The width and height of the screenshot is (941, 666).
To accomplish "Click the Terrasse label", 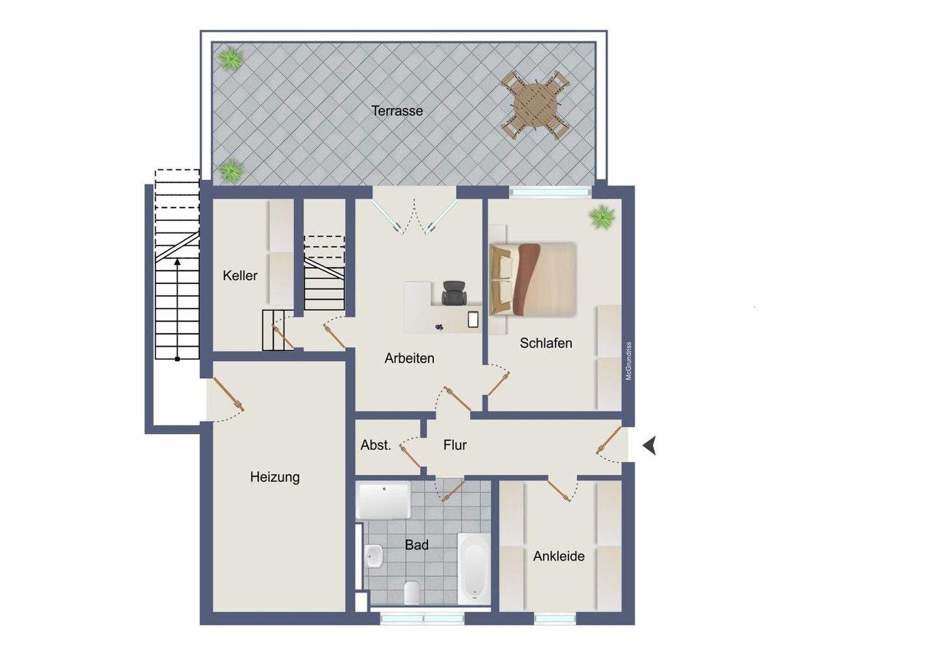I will [397, 111].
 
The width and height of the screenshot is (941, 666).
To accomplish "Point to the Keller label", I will [240, 275].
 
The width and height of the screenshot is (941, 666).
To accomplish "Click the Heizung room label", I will [274, 477].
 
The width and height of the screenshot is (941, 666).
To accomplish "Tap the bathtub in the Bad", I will [472, 567].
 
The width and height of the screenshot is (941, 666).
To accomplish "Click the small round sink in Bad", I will [374, 557].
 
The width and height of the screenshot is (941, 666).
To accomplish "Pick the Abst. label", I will [376, 445].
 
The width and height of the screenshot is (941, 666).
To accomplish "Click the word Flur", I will [455, 445].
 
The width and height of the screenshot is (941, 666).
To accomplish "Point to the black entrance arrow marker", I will [649, 446].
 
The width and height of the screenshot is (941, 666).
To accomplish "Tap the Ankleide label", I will [559, 556].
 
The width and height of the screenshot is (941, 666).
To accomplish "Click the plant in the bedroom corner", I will [601, 217].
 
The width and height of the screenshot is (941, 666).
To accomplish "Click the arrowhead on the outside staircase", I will [177, 262].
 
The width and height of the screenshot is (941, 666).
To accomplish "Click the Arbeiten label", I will [409, 358].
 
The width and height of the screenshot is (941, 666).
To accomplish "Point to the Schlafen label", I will [546, 343].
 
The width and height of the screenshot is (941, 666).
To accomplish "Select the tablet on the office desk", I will [474, 320].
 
